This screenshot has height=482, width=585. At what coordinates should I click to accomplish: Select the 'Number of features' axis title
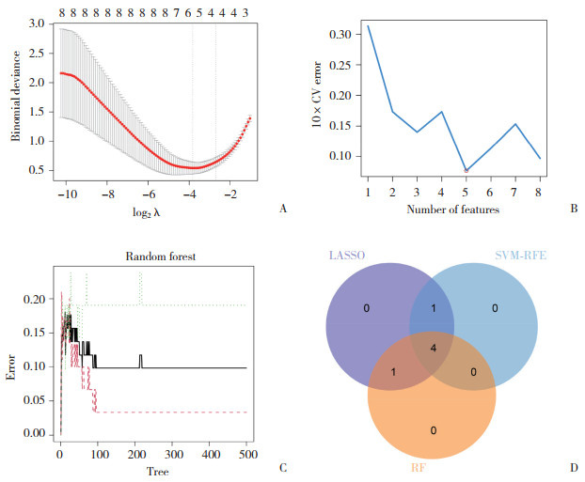pos(452,209)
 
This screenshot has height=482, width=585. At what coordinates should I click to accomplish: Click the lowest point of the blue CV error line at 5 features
pos(466,171)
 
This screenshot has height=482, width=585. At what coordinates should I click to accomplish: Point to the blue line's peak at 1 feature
pos(368,25)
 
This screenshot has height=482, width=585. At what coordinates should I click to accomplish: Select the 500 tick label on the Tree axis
pos(246,454)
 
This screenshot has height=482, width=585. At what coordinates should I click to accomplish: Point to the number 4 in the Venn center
pos(432,348)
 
